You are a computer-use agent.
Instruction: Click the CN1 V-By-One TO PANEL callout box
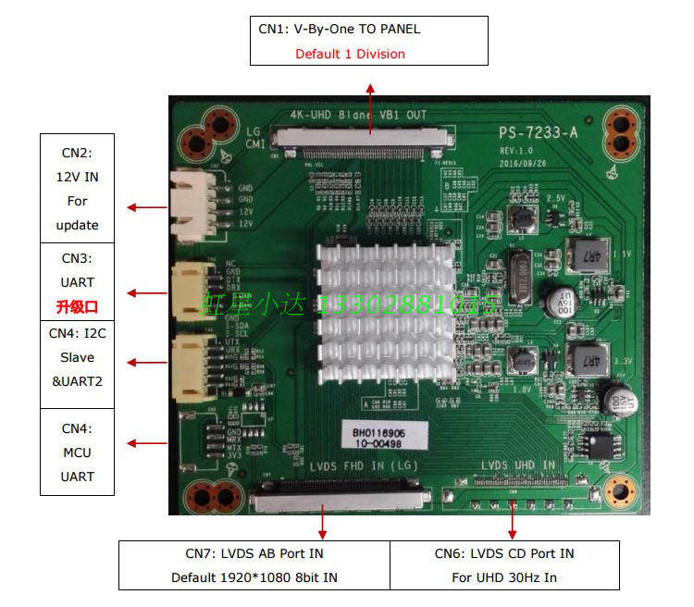pos(368,41)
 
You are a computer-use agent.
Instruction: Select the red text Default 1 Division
pos(350,54)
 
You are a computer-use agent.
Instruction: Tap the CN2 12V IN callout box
pos(77,189)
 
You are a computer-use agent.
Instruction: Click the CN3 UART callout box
pos(77,281)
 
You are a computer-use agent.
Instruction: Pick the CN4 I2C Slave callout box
pos(77,356)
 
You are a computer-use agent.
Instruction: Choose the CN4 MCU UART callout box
pos(77,452)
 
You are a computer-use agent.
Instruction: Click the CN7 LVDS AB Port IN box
pos(254,565)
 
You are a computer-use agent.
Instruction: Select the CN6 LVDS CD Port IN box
pos(504,565)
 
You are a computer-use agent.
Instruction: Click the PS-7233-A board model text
pos(538,133)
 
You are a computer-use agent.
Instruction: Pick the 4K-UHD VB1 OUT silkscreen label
pos(358,116)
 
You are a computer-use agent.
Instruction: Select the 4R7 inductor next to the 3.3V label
pos(584,358)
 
